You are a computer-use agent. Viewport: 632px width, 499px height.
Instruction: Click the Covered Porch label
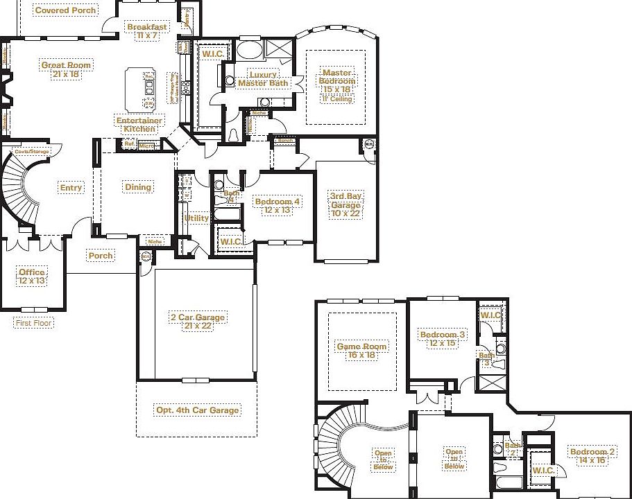[66, 10]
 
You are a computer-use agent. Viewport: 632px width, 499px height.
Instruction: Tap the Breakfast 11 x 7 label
[147, 31]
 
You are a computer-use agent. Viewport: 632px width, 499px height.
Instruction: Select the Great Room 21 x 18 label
[67, 70]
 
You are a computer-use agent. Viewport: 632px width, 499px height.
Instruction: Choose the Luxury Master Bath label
[263, 79]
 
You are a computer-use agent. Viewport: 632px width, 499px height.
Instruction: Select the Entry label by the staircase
[71, 188]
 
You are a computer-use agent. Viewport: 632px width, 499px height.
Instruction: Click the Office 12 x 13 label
[32, 277]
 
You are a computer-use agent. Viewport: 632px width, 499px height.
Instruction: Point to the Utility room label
[196, 218]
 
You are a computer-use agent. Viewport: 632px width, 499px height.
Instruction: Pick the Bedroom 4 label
[277, 206]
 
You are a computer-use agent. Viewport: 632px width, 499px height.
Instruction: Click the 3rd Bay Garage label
[345, 205]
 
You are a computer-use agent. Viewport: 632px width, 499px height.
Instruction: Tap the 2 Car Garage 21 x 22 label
[197, 322]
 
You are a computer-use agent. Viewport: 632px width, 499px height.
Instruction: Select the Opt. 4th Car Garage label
[198, 410]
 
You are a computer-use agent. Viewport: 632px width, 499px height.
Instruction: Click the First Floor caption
[33, 323]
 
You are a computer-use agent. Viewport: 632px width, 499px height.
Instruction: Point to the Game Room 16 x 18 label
[361, 351]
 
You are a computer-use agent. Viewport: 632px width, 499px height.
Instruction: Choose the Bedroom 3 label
[443, 339]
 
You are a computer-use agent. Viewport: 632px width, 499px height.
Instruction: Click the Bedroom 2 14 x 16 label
[592, 456]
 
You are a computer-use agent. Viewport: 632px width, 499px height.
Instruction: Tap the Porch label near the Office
[101, 256]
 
